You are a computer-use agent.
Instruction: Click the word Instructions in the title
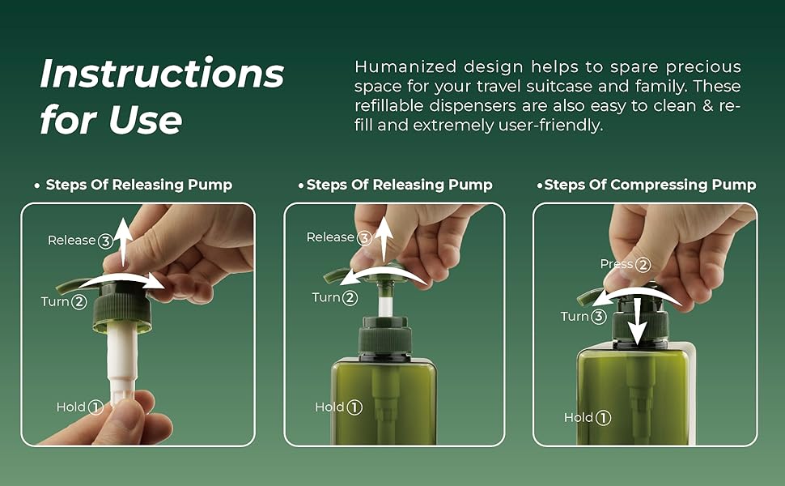pos(162,75)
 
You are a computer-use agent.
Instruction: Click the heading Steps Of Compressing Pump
pos(650,185)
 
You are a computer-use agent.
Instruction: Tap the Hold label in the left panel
pos(70,407)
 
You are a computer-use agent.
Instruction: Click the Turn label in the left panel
pos(55,301)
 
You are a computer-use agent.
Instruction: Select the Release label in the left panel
pos(72,241)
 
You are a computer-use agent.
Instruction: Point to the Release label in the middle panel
pos(330,237)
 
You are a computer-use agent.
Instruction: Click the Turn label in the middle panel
pos(326,297)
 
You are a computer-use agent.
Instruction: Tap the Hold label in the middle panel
pos(329,407)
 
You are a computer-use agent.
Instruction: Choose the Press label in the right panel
pos(616,264)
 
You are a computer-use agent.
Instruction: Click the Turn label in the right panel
pos(575,316)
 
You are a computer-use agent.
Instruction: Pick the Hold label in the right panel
pos(579,417)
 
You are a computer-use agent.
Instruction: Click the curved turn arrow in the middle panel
pos(382,275)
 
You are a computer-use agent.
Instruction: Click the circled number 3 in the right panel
pos(598,316)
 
